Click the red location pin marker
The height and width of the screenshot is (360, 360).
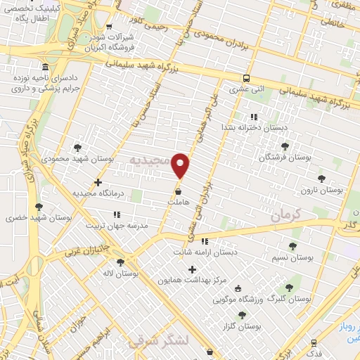181,165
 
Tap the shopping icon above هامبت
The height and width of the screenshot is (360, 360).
179,190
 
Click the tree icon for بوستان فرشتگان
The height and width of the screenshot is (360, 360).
285,146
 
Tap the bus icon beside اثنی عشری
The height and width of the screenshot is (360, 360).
245,79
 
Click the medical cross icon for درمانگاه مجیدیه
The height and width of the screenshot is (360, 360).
98,182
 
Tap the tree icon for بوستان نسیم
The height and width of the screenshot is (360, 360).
292,247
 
